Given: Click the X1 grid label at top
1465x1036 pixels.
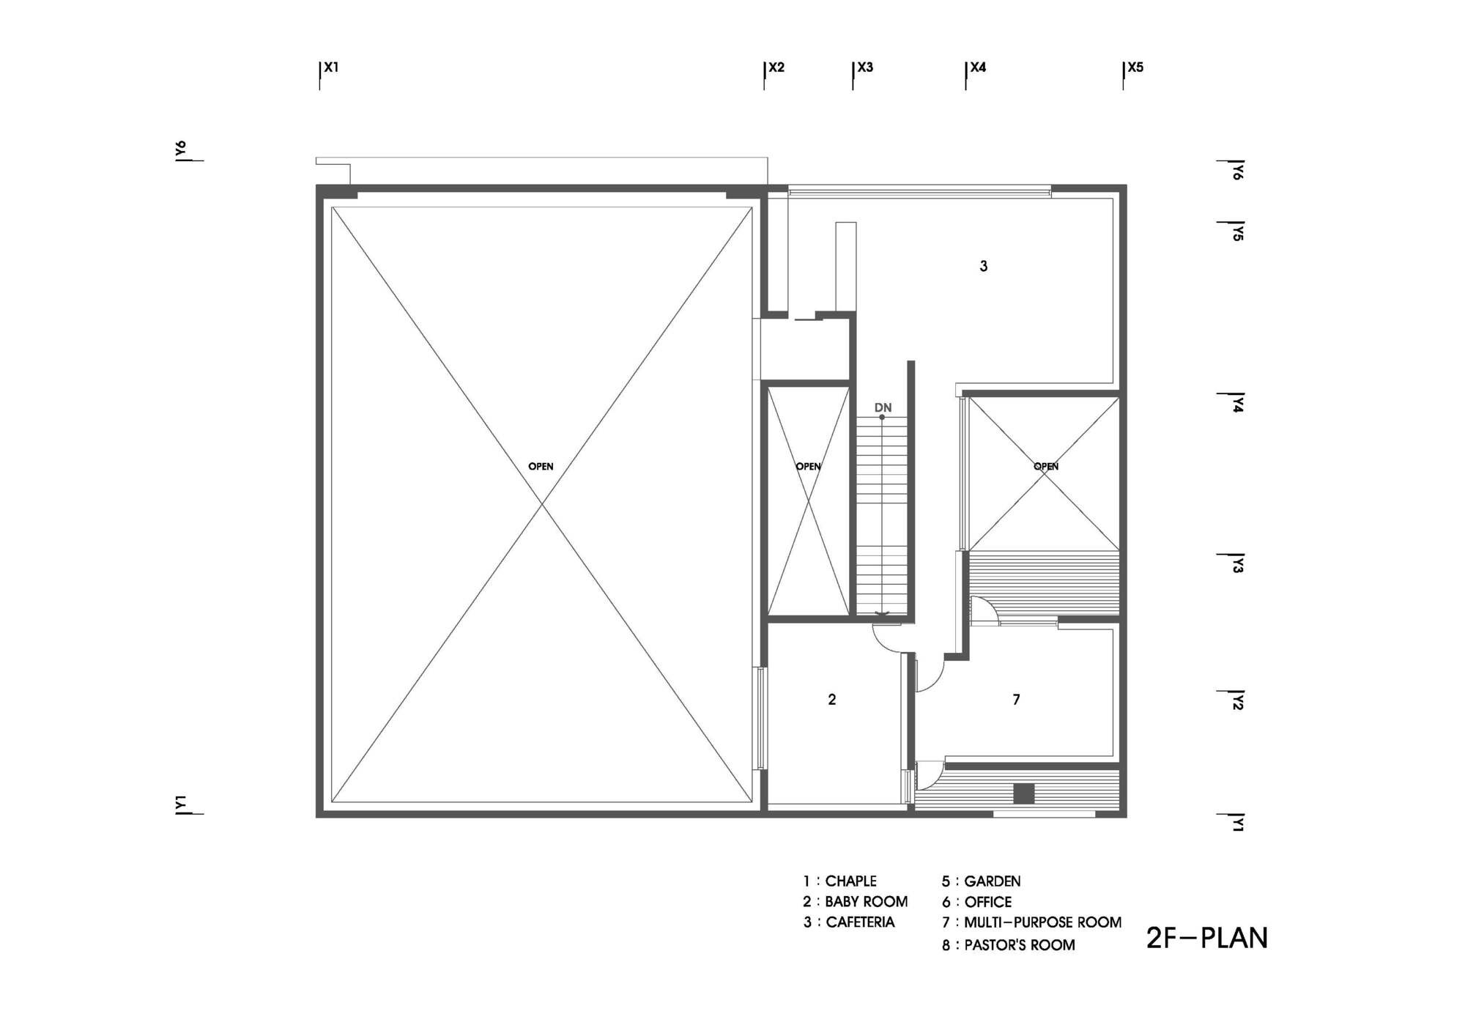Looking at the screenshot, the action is pos(331,67).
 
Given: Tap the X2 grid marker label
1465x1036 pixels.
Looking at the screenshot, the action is pos(776,67).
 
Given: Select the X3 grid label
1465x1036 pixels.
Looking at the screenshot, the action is pos(865,67).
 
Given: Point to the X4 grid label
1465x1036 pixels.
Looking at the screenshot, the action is pos(978,67).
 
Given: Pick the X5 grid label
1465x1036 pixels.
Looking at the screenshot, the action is pos(1135,67).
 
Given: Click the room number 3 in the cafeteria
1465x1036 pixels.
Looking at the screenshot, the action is pos(984,266).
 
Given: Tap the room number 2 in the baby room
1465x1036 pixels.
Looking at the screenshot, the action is pos(832,700).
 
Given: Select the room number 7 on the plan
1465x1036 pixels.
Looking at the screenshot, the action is pos(1016,700).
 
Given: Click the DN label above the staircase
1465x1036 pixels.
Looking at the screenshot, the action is pos(883,407).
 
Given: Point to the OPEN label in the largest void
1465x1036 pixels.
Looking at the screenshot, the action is pos(541,466).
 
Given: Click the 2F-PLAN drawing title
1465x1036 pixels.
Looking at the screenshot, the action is pos(1206,939).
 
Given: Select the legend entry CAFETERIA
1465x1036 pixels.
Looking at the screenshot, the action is pos(861,922).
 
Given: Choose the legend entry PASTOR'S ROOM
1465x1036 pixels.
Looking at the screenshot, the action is pos(1020,945).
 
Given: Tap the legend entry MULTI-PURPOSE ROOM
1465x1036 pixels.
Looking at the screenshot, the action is pos(1042,922).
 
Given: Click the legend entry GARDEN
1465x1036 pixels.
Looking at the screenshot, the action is pos(993,881).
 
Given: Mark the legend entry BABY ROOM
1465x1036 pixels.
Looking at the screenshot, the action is pos(867,901).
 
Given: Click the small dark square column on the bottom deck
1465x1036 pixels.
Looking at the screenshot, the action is pos(1023,793).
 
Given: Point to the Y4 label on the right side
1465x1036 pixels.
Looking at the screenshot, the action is pos(1237,403).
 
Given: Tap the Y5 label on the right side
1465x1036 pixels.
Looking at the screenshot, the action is pos(1237,232).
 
